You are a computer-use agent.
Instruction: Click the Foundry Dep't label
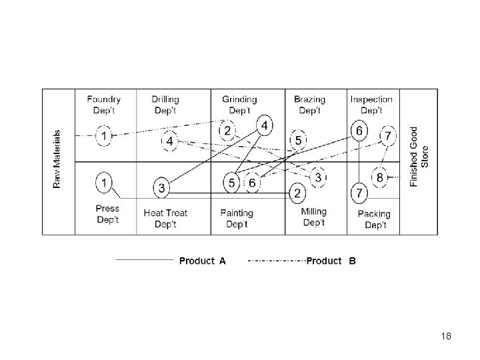103,105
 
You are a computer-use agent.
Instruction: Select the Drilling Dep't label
165,105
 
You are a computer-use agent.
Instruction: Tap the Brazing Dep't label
309,105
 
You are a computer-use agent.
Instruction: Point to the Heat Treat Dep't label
165,219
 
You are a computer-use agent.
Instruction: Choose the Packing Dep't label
374,219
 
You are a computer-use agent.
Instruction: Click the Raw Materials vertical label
57,158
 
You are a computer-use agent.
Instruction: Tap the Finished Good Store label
419,157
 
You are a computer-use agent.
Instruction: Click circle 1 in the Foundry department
104,136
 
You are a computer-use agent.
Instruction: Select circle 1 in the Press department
104,181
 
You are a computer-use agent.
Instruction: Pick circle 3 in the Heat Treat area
162,188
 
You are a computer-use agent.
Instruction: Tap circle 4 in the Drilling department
170,141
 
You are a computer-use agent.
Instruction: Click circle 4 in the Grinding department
265,125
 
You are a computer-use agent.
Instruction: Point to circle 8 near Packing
379,177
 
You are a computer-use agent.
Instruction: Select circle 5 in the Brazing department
298,140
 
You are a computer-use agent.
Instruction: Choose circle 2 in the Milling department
297,193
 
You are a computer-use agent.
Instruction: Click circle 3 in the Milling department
318,177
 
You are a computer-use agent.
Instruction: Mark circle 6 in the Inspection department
359,131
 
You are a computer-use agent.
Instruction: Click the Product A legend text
202,261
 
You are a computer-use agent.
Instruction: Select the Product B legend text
331,261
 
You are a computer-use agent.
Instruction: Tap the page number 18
446,337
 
